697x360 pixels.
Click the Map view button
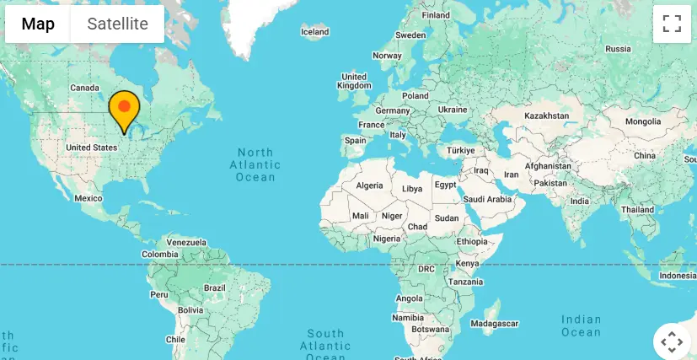[38, 24]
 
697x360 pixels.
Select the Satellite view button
[117, 24]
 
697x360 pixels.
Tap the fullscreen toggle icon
[672, 24]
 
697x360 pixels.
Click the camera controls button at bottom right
[672, 341]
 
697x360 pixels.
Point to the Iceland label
[314, 32]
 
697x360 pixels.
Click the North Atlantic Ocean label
[255, 164]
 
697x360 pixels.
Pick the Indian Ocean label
[582, 325]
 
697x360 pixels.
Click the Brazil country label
[215, 287]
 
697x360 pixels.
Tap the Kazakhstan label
[546, 115]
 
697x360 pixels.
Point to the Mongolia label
[643, 122]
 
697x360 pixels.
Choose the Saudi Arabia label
[488, 199]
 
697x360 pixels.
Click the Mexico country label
[88, 198]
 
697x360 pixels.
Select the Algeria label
[369, 185]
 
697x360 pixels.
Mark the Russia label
[618, 49]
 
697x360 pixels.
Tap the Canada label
[84, 88]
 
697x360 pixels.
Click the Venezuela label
[186, 242]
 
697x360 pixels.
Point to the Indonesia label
[678, 276]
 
